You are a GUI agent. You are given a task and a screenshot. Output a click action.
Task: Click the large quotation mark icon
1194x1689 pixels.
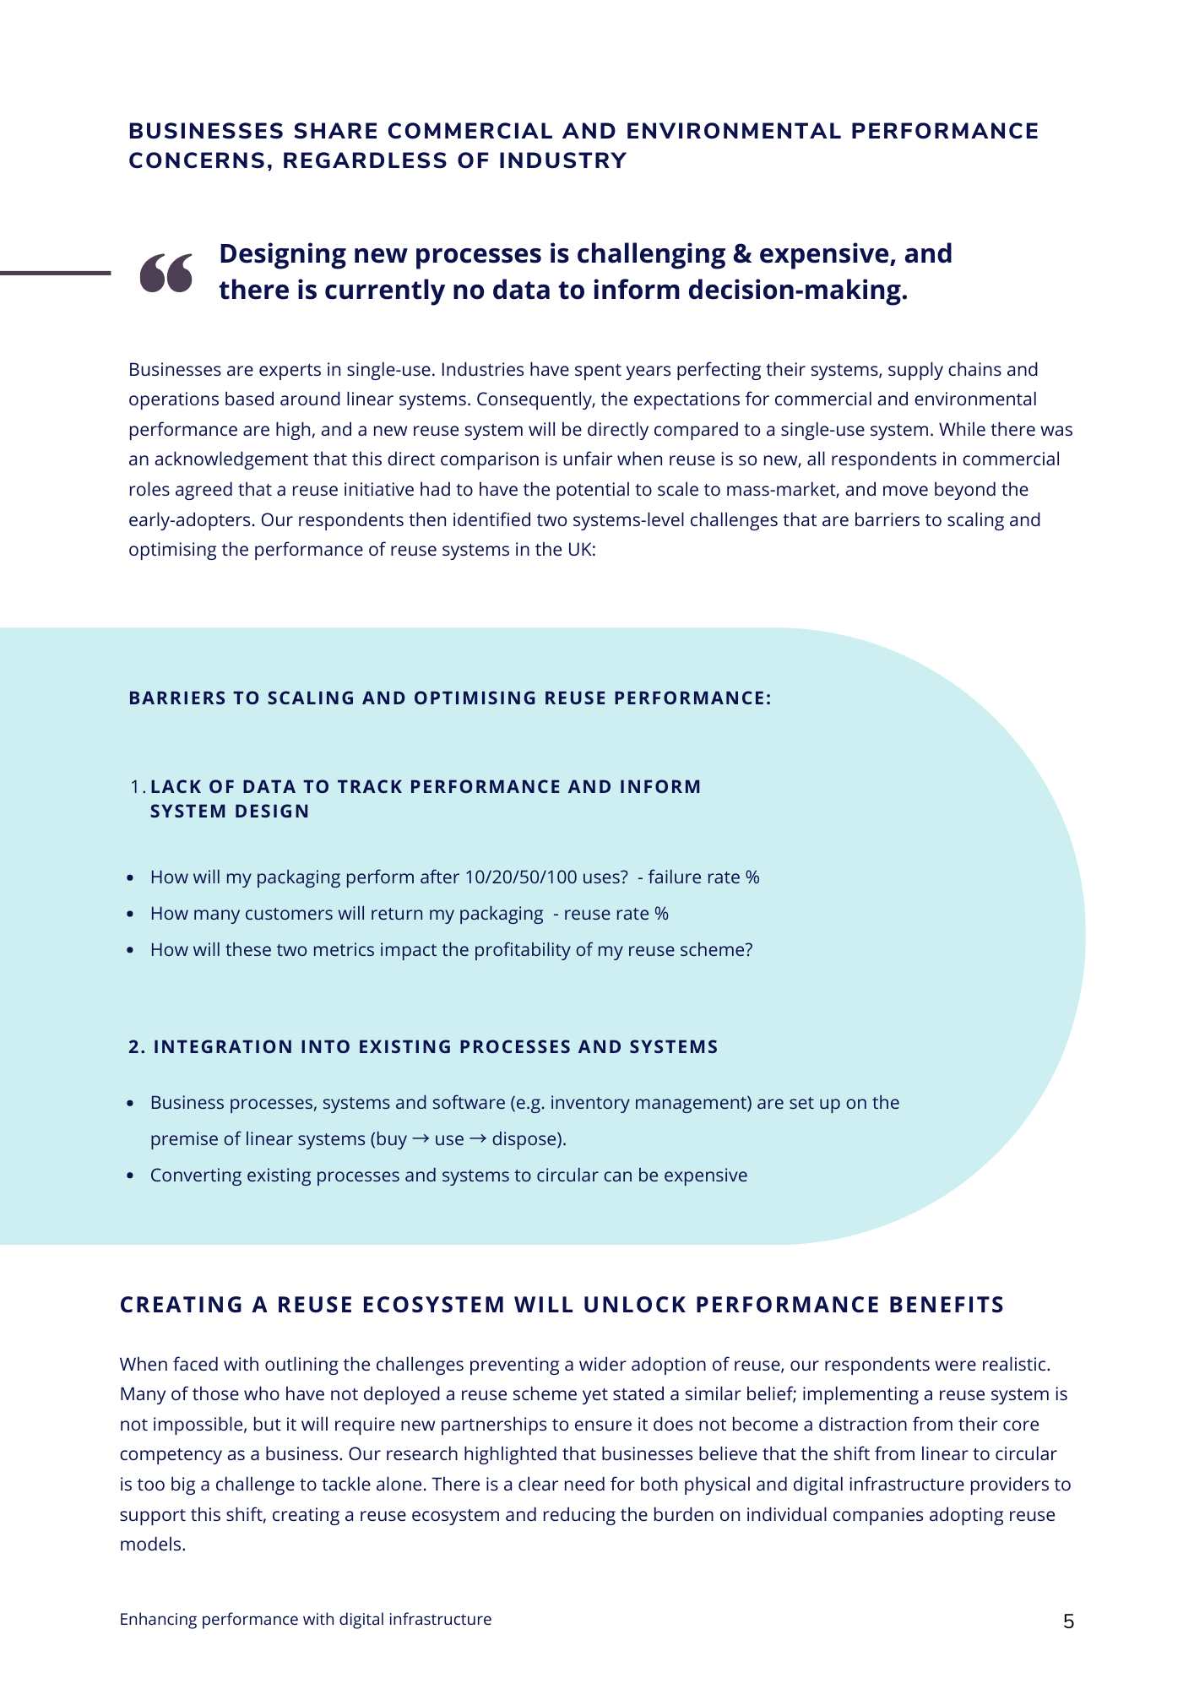[x=166, y=273]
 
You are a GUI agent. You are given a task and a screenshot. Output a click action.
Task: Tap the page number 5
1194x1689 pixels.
[x=1068, y=1621]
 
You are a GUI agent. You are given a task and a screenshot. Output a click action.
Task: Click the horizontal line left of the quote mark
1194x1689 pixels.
[x=55, y=273]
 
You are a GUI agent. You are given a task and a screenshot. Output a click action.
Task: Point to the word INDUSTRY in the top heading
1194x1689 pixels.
[x=562, y=160]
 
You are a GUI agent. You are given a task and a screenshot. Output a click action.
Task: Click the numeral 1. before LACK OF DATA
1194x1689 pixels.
[x=138, y=787]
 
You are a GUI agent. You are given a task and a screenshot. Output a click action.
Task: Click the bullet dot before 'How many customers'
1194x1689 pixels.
[x=130, y=915]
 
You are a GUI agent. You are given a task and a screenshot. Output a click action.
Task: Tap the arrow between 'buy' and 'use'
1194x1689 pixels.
[x=421, y=1139]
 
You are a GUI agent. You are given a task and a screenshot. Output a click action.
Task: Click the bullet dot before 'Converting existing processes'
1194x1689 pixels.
[x=130, y=1176]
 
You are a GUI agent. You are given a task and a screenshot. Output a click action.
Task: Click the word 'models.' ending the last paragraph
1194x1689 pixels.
[x=152, y=1545]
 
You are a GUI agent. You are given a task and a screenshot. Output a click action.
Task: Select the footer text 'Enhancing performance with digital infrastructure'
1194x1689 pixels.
[x=305, y=1619]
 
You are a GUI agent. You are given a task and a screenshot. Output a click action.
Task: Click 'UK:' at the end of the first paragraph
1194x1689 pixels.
[x=583, y=550]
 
